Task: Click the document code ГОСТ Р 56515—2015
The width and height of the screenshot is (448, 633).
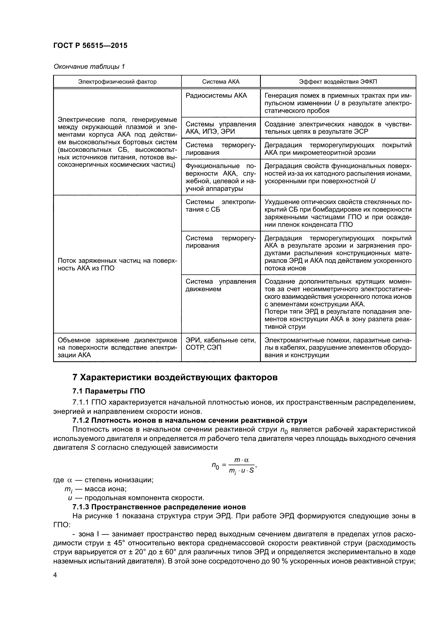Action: pyautogui.click(x=90, y=45)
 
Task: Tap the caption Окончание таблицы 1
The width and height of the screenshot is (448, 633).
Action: pyautogui.click(x=89, y=67)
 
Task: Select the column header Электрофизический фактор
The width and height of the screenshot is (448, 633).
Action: pyautogui.click(x=117, y=82)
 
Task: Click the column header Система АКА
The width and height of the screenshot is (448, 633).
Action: pyautogui.click(x=221, y=82)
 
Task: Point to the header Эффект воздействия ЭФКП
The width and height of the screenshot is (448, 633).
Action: pyautogui.click(x=338, y=82)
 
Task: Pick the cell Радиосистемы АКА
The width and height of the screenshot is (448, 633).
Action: pyautogui.click(x=216, y=96)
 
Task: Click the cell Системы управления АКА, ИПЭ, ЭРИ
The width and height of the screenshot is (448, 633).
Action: pyautogui.click(x=221, y=128)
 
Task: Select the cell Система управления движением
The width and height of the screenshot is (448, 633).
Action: pyautogui.click(x=221, y=285)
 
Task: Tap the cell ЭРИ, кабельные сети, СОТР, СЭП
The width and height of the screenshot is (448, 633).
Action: pyautogui.click(x=221, y=343)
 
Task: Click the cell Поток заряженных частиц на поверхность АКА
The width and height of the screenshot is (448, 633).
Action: pyautogui.click(x=117, y=264)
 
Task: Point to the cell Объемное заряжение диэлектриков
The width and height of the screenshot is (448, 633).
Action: pyautogui.click(x=117, y=347)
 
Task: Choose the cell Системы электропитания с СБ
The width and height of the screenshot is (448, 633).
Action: pyautogui.click(x=221, y=206)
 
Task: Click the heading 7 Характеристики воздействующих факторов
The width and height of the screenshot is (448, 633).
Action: pyautogui.click(x=175, y=378)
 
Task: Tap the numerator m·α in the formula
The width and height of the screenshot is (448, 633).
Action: pyautogui.click(x=241, y=460)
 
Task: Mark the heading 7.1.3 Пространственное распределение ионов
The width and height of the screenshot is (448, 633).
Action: pyautogui.click(x=159, y=507)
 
